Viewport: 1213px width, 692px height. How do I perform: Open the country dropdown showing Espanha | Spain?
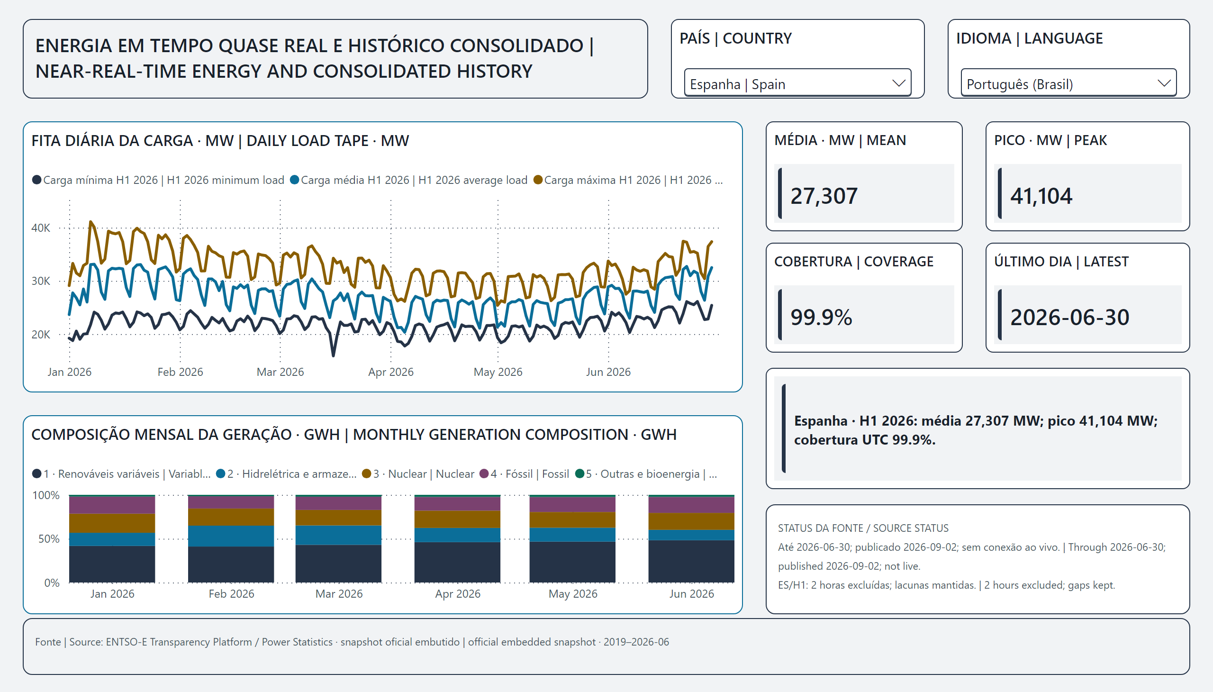(797, 83)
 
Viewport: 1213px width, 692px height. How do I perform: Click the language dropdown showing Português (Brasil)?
(1068, 83)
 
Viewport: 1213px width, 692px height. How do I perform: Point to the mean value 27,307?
(824, 196)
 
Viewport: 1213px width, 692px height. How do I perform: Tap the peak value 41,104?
(1041, 196)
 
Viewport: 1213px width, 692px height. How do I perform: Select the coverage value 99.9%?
(821, 317)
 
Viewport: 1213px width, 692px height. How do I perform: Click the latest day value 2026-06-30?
(1069, 317)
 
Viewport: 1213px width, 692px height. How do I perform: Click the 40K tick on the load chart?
(41, 228)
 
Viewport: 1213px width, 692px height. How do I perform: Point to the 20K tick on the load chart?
(41, 335)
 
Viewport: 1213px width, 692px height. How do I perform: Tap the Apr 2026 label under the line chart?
(390, 372)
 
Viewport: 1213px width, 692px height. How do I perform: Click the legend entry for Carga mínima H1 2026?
(158, 180)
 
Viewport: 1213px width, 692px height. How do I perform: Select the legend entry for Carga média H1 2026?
(408, 180)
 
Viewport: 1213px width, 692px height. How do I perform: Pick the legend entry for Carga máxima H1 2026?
(628, 180)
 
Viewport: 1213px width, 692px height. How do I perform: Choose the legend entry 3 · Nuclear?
(418, 474)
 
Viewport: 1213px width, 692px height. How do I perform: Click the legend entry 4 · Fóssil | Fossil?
(525, 474)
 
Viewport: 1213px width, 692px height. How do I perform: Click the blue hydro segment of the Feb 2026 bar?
(231, 536)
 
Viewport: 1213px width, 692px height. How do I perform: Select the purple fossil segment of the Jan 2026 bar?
(112, 505)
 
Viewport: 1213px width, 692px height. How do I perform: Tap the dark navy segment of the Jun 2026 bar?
(691, 561)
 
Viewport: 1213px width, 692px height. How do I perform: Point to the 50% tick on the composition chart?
(49, 539)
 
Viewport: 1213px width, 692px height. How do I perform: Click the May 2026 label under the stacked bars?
(572, 593)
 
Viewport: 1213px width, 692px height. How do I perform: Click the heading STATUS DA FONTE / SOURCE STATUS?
(863, 528)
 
